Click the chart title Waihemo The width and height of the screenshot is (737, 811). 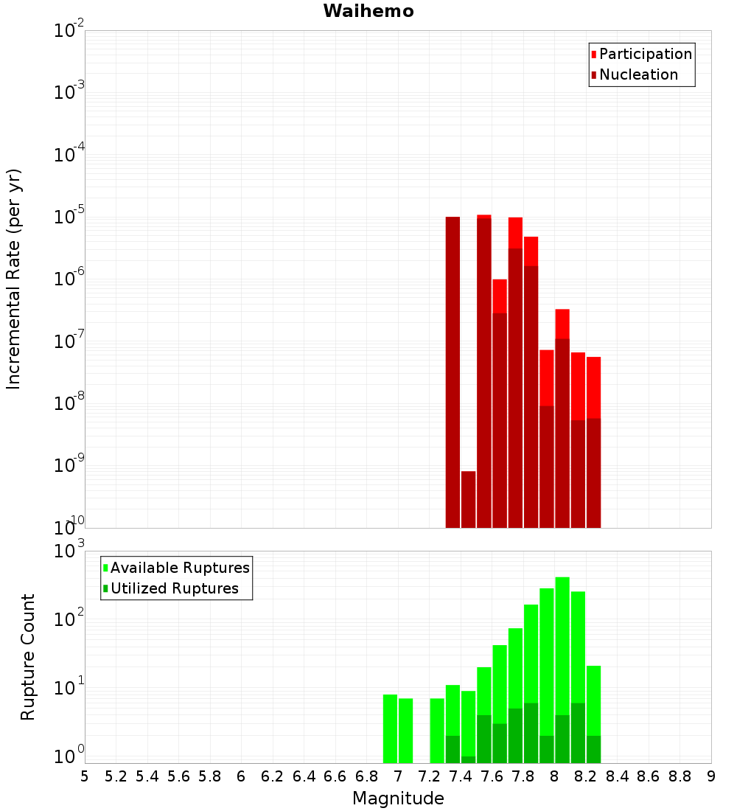coord(368,11)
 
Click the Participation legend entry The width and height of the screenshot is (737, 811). coord(646,54)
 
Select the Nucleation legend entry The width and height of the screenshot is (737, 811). coord(638,74)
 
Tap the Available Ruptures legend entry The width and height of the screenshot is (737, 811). coord(180,568)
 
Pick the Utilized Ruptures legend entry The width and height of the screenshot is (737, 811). coord(175,588)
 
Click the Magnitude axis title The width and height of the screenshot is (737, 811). coord(398,798)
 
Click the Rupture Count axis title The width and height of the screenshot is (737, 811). coord(28,657)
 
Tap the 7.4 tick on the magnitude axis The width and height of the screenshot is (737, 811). coord(461,776)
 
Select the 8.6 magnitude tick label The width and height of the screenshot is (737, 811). coord(649,776)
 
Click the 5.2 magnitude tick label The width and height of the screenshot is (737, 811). coord(116,776)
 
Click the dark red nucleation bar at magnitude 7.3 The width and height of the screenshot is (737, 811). coord(453,369)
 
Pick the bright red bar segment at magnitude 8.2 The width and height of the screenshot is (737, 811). coord(593,387)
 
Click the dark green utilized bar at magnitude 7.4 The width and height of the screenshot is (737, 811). coord(469,759)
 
